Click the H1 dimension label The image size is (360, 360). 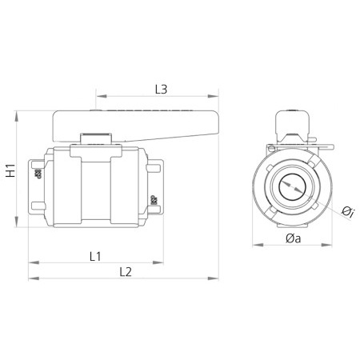point(11,170)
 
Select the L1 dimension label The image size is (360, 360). point(94,256)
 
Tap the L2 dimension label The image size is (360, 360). point(125,270)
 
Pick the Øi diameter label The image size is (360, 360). point(347,211)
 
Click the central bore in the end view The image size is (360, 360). point(293,190)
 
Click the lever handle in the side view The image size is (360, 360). point(136,124)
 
